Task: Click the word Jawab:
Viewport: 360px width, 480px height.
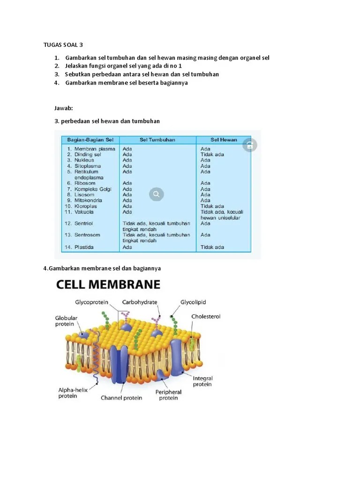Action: pyautogui.click(x=64, y=108)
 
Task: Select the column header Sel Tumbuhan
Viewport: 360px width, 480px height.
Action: pyautogui.click(x=157, y=140)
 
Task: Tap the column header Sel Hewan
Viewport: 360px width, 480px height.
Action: pyautogui.click(x=224, y=140)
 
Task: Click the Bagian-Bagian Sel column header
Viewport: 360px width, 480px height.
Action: pyautogui.click(x=90, y=140)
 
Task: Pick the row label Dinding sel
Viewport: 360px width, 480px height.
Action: pyautogui.click(x=88, y=154)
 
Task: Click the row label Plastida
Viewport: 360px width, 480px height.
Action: pyautogui.click(x=84, y=247)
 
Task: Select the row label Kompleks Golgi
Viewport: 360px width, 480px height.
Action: pyautogui.click(x=93, y=189)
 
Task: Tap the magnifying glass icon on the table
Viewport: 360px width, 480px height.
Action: pyautogui.click(x=157, y=194)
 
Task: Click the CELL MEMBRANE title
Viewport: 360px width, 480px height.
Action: pyautogui.click(x=108, y=285)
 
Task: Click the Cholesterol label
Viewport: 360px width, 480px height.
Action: pyautogui.click(x=205, y=316)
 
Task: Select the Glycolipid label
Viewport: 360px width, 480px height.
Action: pyautogui.click(x=193, y=302)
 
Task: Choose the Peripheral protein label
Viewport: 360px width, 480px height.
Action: pyautogui.click(x=168, y=395)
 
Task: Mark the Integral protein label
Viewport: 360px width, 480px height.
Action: pyautogui.click(x=202, y=381)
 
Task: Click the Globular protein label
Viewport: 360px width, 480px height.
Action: pyautogui.click(x=66, y=321)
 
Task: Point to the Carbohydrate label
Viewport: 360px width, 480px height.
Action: pyautogui.click(x=140, y=302)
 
